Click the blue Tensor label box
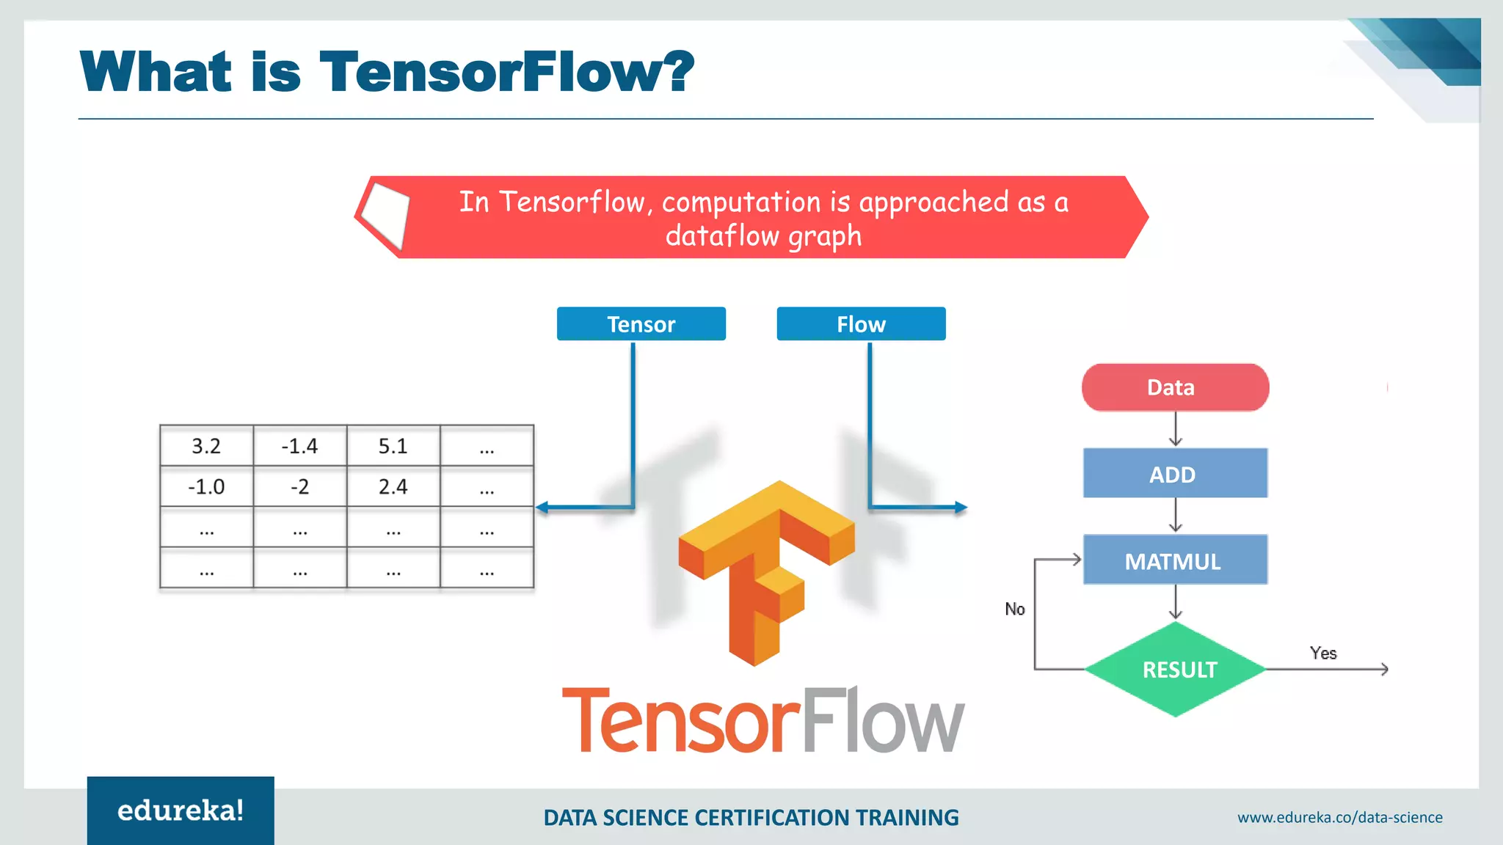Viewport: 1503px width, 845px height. click(641, 323)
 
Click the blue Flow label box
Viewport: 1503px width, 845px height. click(861, 323)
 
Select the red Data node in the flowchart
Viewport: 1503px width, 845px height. click(1174, 387)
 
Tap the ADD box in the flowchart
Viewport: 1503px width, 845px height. click(1174, 474)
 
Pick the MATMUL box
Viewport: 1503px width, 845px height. click(1174, 560)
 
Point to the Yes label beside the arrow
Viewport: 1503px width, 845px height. click(1322, 653)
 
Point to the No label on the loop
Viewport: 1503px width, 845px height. click(1014, 609)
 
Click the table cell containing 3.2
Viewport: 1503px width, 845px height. click(206, 446)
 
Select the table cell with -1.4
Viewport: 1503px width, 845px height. click(299, 446)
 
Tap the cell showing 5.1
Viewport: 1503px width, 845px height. click(393, 446)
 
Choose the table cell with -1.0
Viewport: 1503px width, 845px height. click(206, 486)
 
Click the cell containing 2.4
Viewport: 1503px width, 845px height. click(393, 486)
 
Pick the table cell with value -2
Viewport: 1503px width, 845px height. click(299, 486)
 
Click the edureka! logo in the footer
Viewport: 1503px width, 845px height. click(181, 811)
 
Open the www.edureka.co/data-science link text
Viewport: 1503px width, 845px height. click(1339, 817)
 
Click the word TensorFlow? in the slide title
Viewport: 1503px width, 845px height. click(506, 72)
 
